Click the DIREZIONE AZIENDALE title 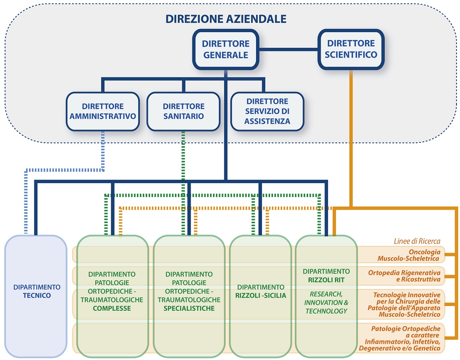pos(226,18)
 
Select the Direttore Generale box pos(226,49)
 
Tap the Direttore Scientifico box pos(351,49)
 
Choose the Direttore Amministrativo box pos(103,111)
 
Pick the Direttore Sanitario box pos(184,111)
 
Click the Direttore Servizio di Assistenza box pos(267,111)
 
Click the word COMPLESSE pos(112,308)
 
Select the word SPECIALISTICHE pos(189,308)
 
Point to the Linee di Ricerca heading pos(417,241)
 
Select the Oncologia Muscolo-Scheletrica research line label pos(408,255)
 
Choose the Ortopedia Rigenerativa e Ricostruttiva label pos(404,276)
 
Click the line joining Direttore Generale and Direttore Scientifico pos(289,49)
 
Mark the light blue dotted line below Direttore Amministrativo pos(103,150)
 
